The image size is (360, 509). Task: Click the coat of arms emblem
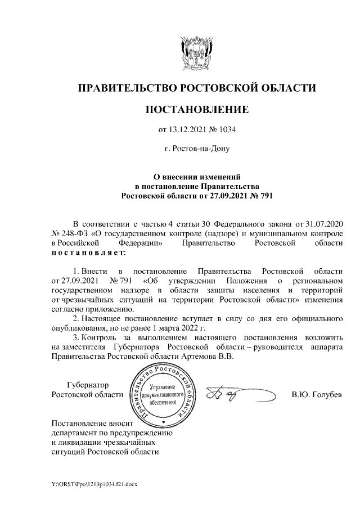(x=197, y=53)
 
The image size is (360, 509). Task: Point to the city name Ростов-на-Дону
(x=197, y=150)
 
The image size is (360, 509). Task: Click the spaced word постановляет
(x=87, y=253)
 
